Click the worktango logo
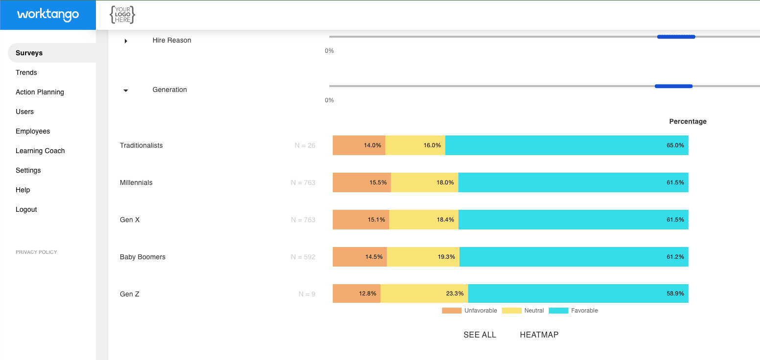[48, 15]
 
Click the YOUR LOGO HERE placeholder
[122, 15]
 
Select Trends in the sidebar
[26, 72]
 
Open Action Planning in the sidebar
[40, 92]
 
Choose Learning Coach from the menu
[40, 151]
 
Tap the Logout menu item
[26, 209]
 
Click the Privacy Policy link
[36, 252]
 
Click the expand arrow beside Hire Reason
[126, 41]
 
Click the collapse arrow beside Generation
[126, 90]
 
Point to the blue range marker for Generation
[673, 86]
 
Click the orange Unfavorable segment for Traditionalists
[359, 145]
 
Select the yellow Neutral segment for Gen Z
[424, 293]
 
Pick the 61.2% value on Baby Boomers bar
[675, 257]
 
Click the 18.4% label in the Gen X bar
[445, 220]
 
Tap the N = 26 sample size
[305, 145]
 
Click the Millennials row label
[136, 182]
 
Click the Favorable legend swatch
[558, 311]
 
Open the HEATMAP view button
[539, 335]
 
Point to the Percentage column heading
[688, 121]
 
